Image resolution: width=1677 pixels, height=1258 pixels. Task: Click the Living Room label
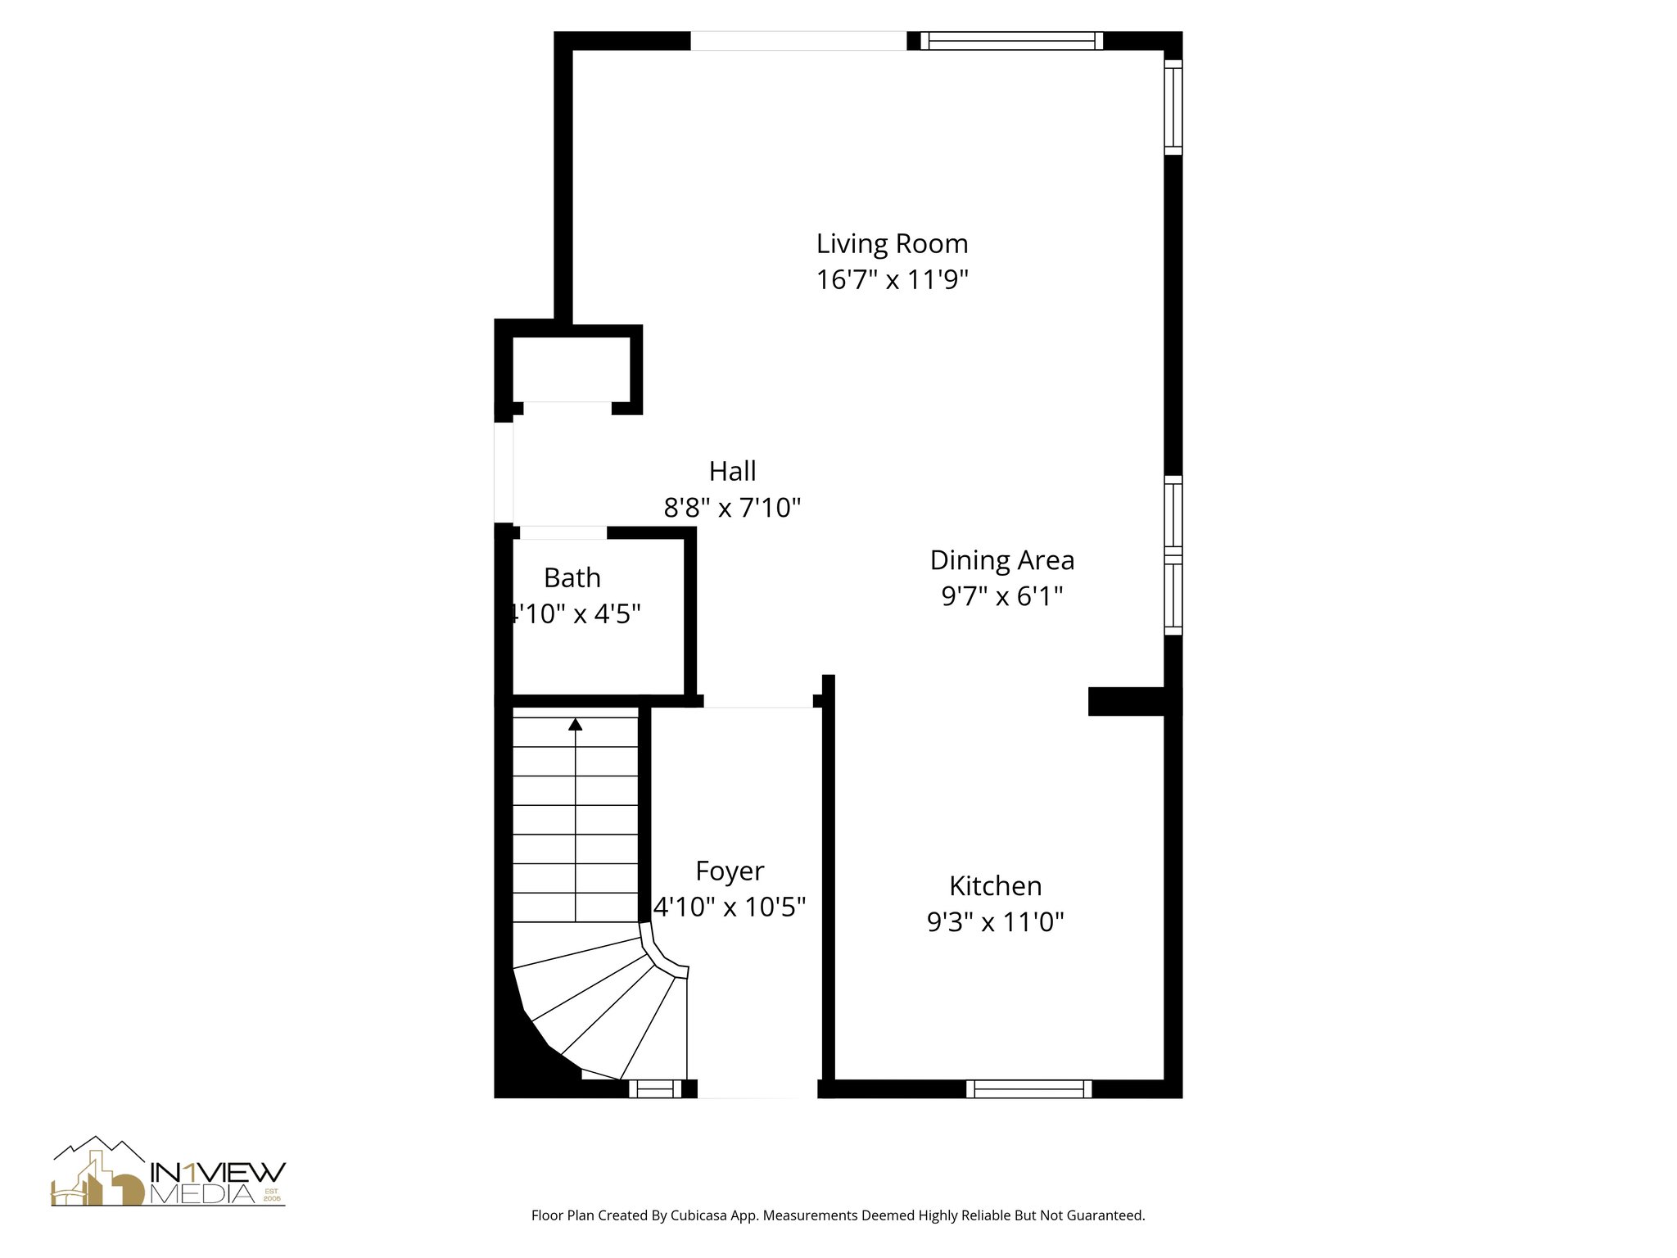click(892, 244)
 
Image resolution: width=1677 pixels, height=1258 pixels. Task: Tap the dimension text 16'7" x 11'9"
click(892, 280)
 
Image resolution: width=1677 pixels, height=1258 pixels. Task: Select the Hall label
click(732, 471)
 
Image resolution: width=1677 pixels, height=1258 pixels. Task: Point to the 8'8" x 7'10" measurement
click(731, 509)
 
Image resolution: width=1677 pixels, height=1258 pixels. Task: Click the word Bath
click(572, 578)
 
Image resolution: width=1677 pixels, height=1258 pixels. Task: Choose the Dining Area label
click(1001, 560)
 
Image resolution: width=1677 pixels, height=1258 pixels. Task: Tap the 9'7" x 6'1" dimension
click(1001, 596)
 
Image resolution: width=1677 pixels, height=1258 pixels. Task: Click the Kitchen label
click(995, 886)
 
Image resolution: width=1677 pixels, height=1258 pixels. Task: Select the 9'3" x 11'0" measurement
click(995, 923)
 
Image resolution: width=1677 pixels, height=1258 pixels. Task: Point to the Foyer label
click(730, 871)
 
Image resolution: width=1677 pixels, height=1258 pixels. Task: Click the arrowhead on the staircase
click(576, 724)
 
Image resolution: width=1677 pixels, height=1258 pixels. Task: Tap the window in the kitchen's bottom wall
click(1028, 1088)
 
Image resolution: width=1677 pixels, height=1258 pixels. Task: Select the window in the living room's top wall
click(1011, 41)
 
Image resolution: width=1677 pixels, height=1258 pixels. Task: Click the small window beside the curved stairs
click(654, 1088)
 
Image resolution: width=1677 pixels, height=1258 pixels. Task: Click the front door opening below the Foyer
click(757, 1089)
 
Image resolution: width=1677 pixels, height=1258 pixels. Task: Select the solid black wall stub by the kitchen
click(1126, 701)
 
